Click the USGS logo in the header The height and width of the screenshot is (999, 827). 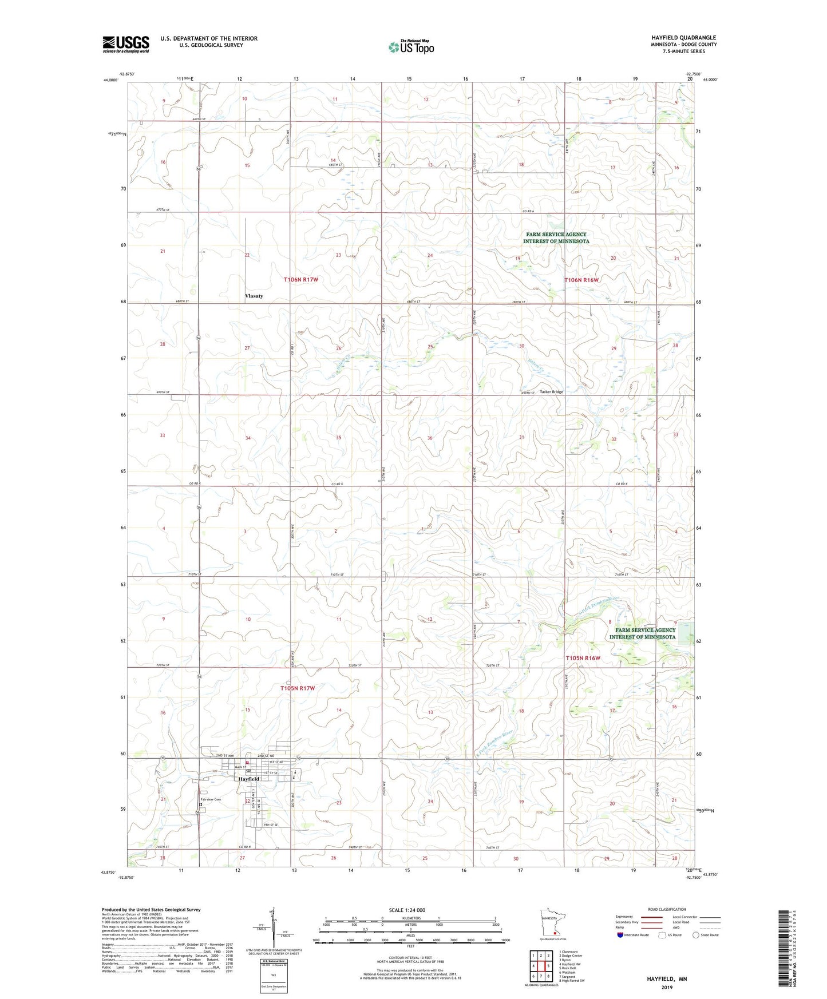(x=125, y=44)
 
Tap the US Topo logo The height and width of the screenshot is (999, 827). (x=410, y=47)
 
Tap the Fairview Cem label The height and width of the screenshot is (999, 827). (x=210, y=799)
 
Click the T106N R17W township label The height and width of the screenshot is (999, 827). (x=300, y=280)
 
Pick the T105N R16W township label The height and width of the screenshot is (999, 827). (x=583, y=658)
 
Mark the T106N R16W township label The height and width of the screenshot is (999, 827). (x=581, y=280)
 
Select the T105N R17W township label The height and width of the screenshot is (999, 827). (x=298, y=688)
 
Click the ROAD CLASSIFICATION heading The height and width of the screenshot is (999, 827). (x=667, y=909)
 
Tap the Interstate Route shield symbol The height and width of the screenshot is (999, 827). (x=620, y=935)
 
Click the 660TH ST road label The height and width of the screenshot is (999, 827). (x=197, y=119)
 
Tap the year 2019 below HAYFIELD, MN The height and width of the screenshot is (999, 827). (x=667, y=987)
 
